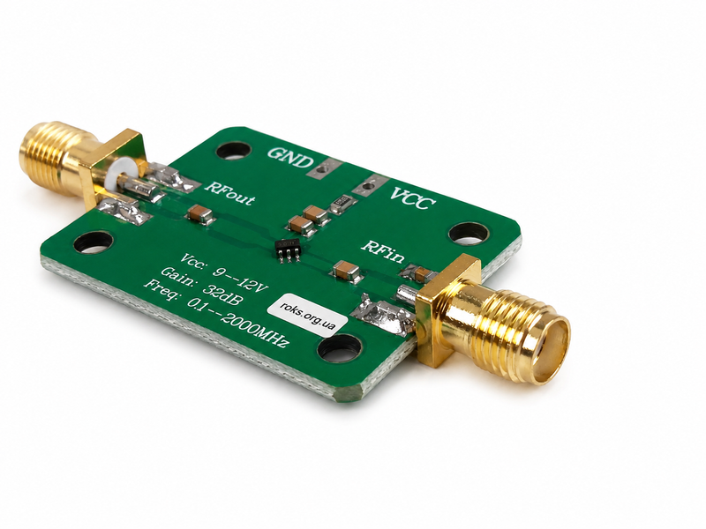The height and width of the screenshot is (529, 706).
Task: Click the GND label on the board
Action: click(x=290, y=157)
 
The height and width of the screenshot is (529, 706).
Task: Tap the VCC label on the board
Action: click(x=412, y=198)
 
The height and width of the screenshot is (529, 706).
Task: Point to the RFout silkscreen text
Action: click(x=229, y=192)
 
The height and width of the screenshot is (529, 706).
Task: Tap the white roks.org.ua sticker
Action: click(x=307, y=313)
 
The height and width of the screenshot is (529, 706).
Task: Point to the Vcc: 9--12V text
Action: click(x=224, y=274)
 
